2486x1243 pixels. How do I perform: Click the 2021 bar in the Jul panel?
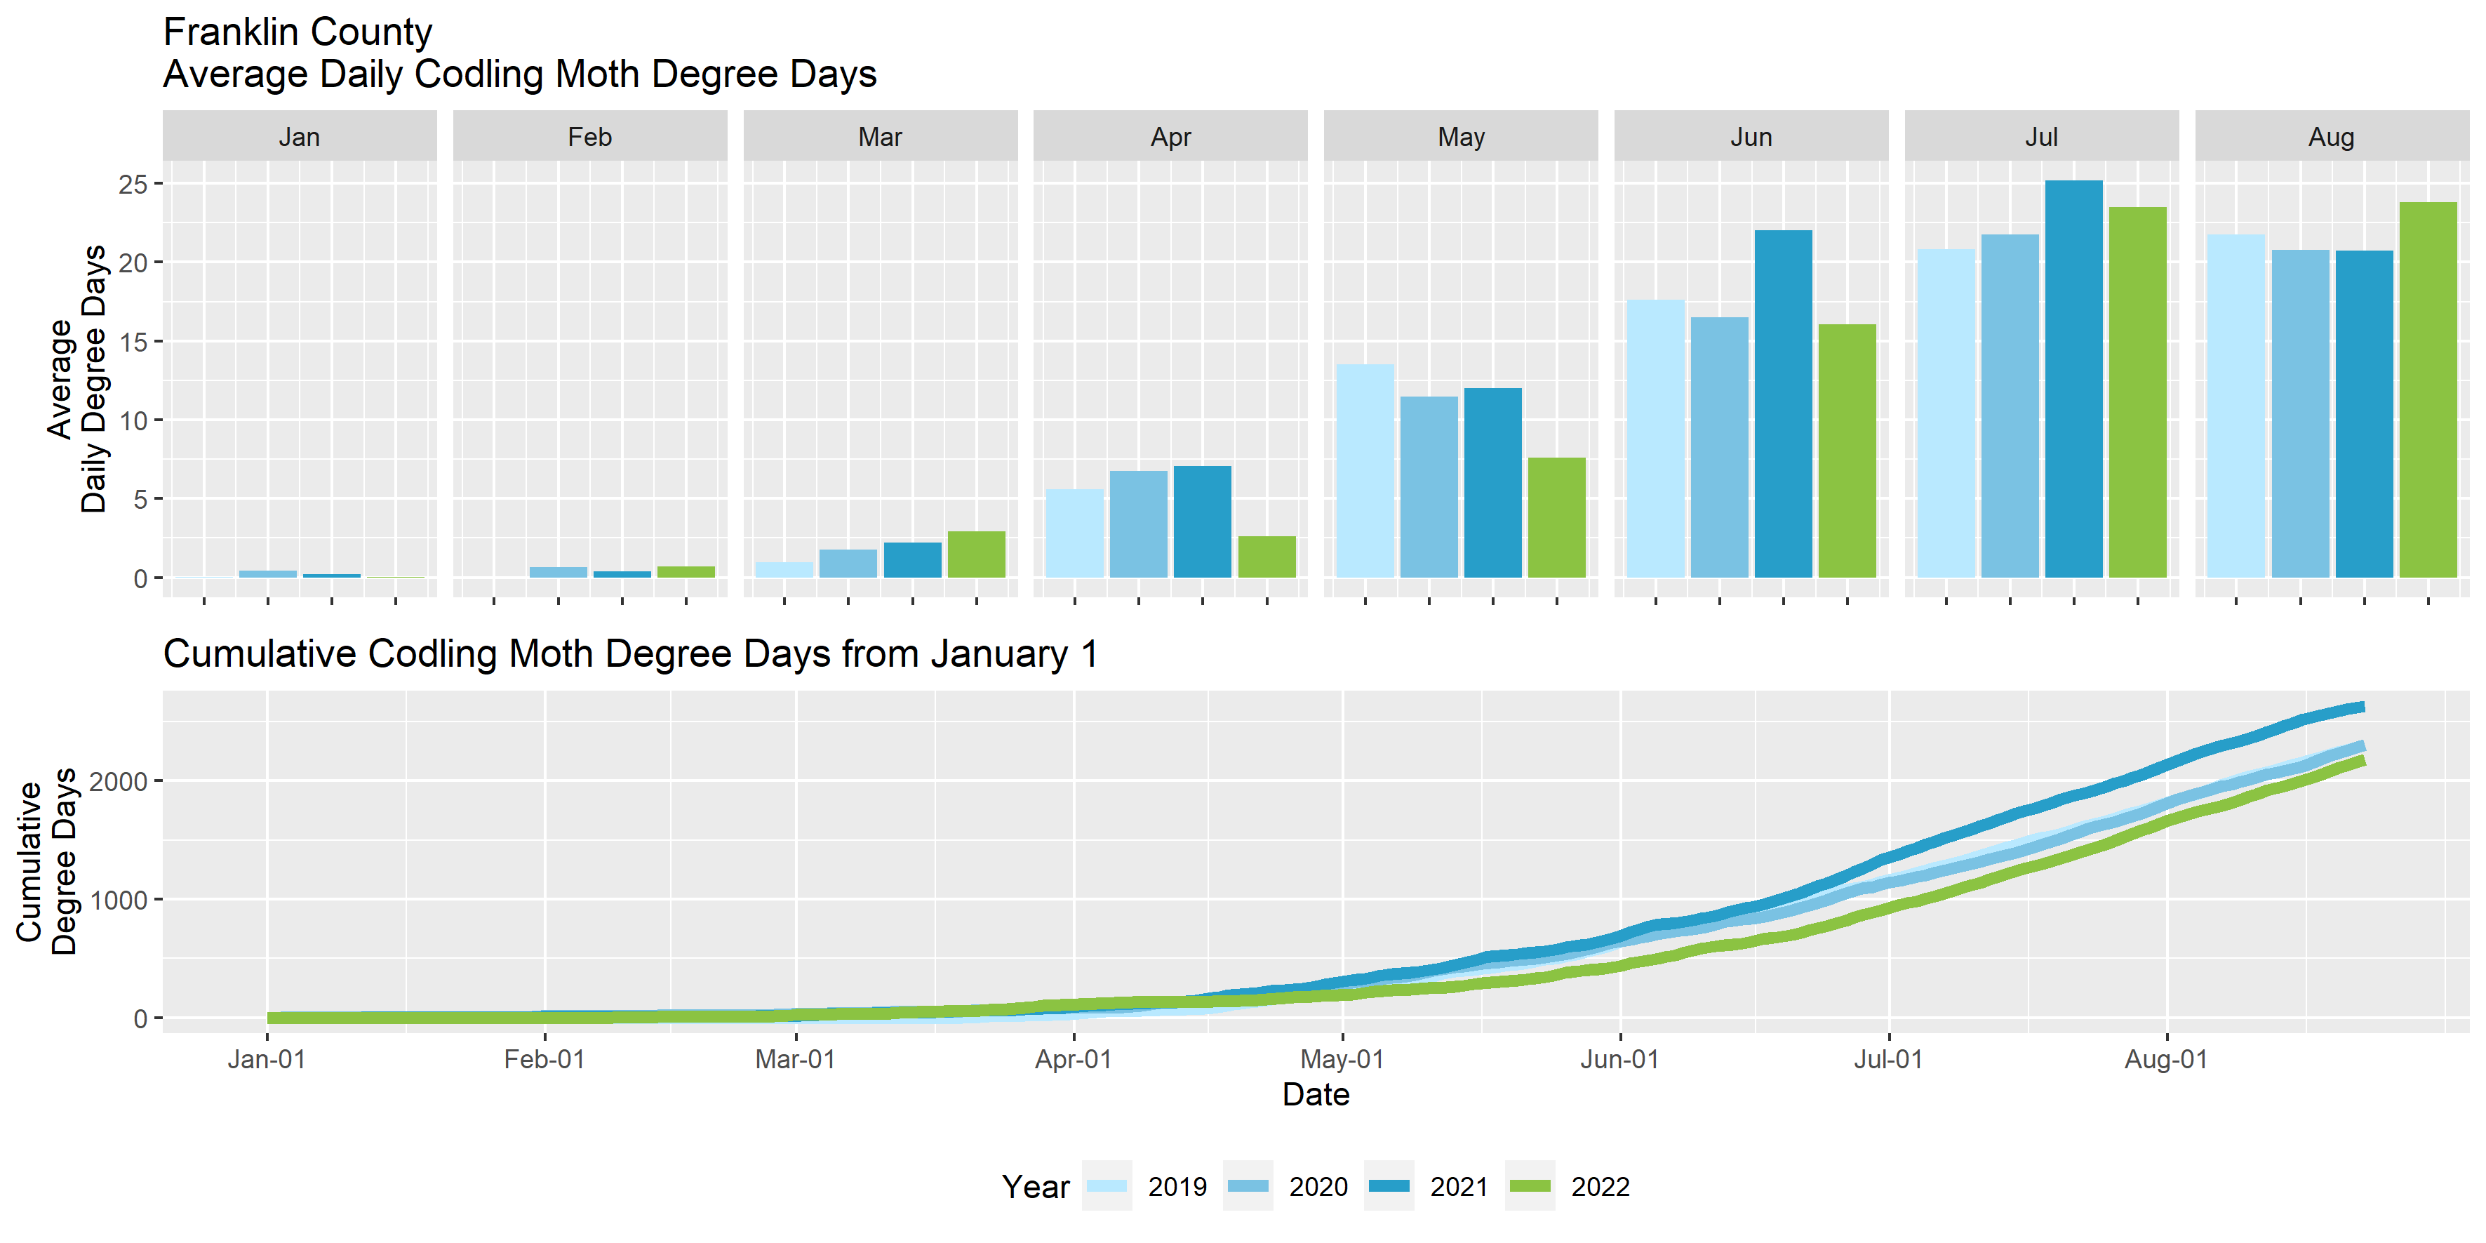point(2073,379)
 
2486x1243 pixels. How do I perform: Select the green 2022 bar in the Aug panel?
point(2428,390)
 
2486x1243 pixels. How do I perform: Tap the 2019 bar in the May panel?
point(1365,471)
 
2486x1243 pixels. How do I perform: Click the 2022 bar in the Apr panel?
point(1267,557)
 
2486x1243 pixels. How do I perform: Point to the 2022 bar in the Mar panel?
point(977,555)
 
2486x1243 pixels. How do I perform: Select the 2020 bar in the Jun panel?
point(1720,448)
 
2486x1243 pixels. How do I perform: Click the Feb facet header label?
point(589,137)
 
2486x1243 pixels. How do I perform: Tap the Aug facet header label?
point(2332,137)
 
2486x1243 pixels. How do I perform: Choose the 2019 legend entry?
point(1147,1186)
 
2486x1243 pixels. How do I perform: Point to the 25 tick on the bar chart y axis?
point(133,183)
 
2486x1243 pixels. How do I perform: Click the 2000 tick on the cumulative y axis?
point(118,780)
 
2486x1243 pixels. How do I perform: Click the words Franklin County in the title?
point(298,32)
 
